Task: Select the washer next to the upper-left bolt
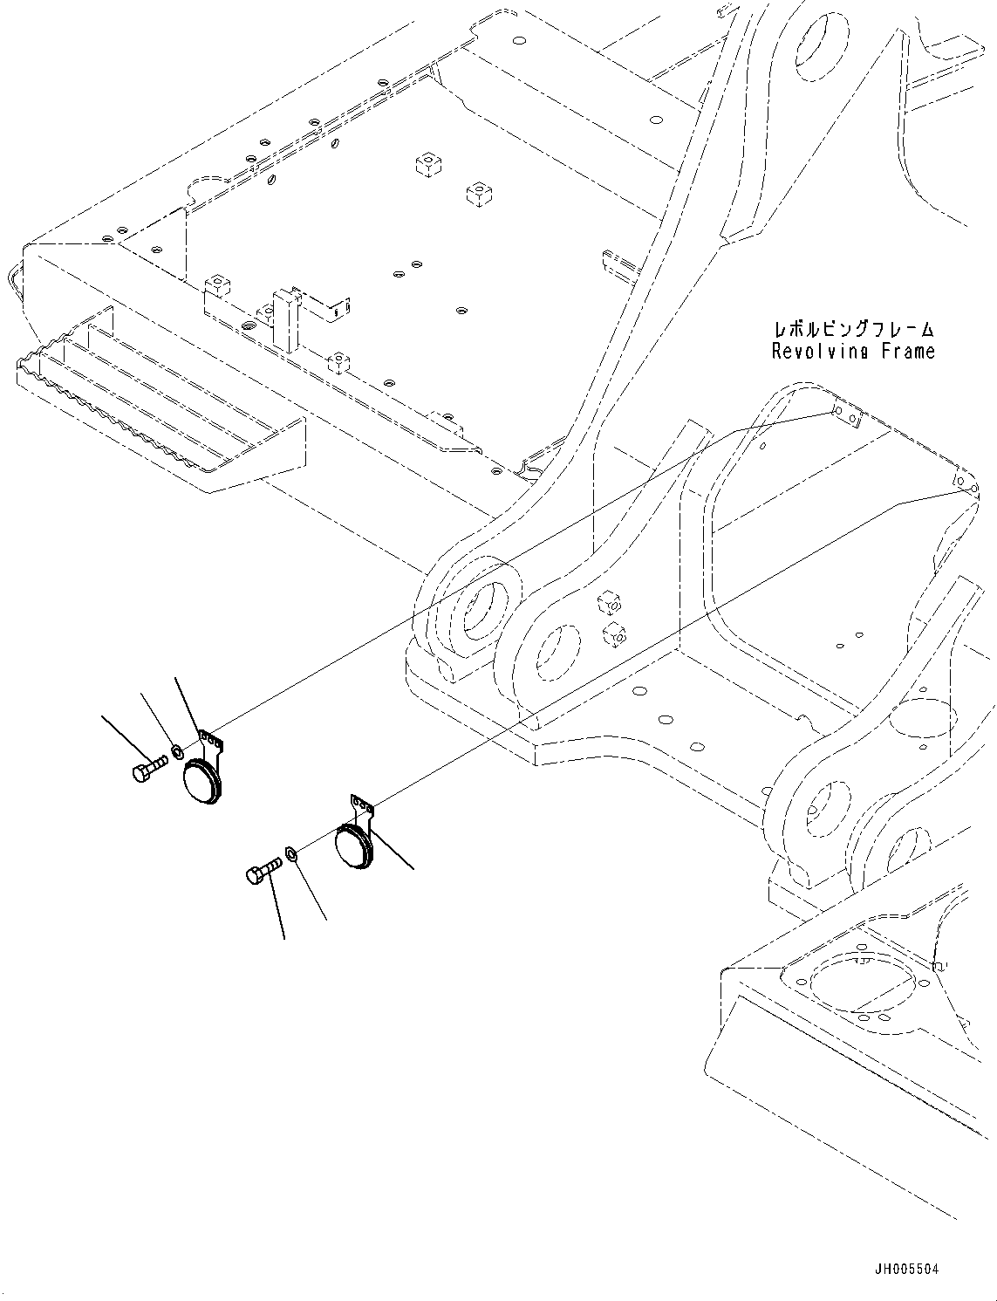[x=176, y=750]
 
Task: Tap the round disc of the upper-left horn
[x=202, y=783]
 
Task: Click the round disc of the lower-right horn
[x=353, y=849]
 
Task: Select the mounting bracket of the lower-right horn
[x=362, y=808]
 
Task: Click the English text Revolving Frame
[x=852, y=351]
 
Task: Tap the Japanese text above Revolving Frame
[x=852, y=330]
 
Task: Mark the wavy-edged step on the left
[x=157, y=410]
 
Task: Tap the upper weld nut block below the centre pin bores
[x=609, y=602]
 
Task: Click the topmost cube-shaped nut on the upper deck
[x=427, y=164]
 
